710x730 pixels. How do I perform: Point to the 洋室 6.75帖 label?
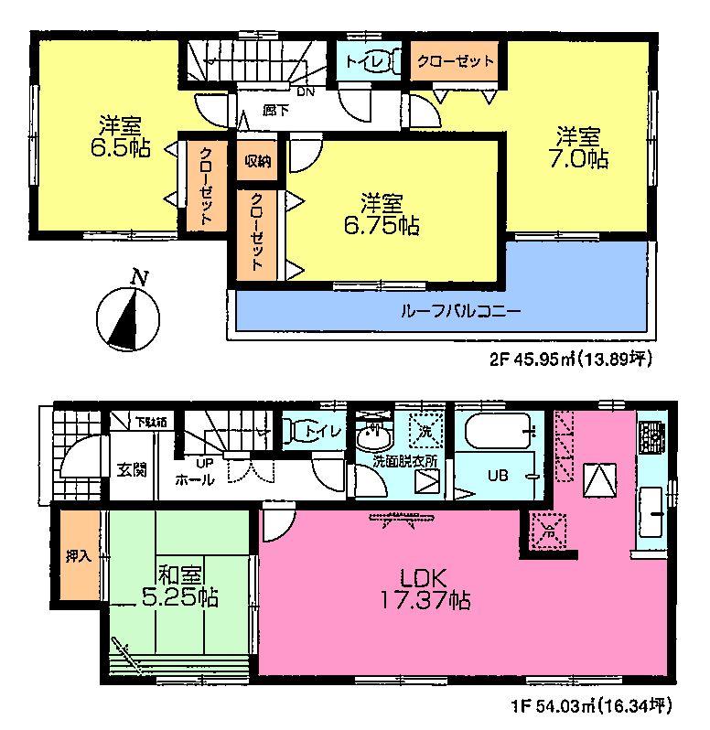(x=388, y=214)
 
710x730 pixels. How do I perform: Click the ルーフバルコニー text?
(x=460, y=311)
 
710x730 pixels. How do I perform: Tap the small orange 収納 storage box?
(x=256, y=161)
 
